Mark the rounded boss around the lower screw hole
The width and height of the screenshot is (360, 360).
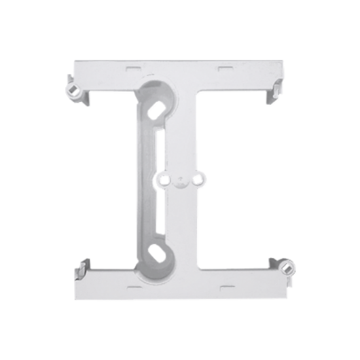click(157, 262)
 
